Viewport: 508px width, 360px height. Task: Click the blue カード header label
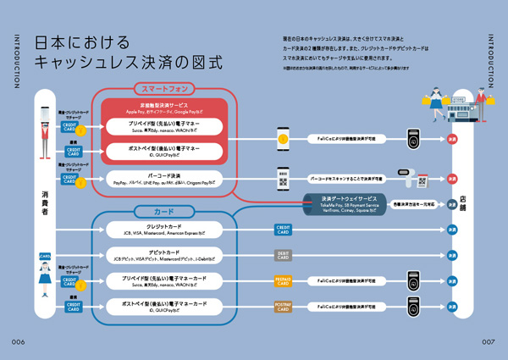tap(163, 210)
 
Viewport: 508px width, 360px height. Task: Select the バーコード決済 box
tap(164, 179)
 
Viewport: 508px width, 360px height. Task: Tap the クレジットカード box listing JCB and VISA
tap(164, 229)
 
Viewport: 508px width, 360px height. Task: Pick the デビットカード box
tap(164, 254)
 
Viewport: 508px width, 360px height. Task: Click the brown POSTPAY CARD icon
tap(283, 307)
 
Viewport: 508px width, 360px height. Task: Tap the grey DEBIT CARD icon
tap(283, 254)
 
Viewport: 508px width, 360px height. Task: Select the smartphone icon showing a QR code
tap(283, 179)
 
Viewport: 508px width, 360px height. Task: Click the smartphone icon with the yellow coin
tap(283, 136)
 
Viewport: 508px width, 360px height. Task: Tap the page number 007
tap(488, 341)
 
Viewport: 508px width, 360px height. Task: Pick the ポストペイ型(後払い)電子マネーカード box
tap(164, 305)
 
